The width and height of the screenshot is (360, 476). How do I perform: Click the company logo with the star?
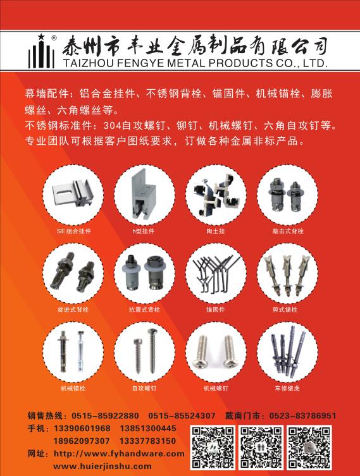(x=42, y=51)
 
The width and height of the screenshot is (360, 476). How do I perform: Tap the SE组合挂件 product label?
(x=73, y=231)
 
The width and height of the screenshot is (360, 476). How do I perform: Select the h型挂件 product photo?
(x=145, y=195)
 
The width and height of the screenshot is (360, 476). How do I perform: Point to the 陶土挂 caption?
(x=215, y=231)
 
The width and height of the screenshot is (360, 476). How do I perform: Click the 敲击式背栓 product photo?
(x=287, y=195)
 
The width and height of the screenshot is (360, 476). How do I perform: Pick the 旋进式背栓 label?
(x=73, y=310)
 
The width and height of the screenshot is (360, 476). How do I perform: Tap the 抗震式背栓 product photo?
(x=145, y=274)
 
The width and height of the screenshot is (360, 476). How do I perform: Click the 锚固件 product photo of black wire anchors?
(x=216, y=274)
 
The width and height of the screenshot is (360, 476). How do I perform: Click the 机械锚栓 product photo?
(x=73, y=352)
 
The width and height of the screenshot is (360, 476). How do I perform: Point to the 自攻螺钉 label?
(x=144, y=388)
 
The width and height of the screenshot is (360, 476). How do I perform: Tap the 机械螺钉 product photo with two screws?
(x=216, y=352)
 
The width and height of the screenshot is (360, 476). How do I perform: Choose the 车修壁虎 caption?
(x=287, y=388)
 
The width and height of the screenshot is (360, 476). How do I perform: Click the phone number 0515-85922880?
(x=105, y=415)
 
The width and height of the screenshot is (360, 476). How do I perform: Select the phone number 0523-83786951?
(x=302, y=415)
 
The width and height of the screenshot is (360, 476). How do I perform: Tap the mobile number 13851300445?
(x=148, y=429)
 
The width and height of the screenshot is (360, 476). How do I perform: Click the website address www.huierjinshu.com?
(x=102, y=466)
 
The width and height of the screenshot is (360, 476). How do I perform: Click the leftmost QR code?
(x=213, y=447)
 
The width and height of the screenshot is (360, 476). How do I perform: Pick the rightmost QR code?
(x=309, y=447)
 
